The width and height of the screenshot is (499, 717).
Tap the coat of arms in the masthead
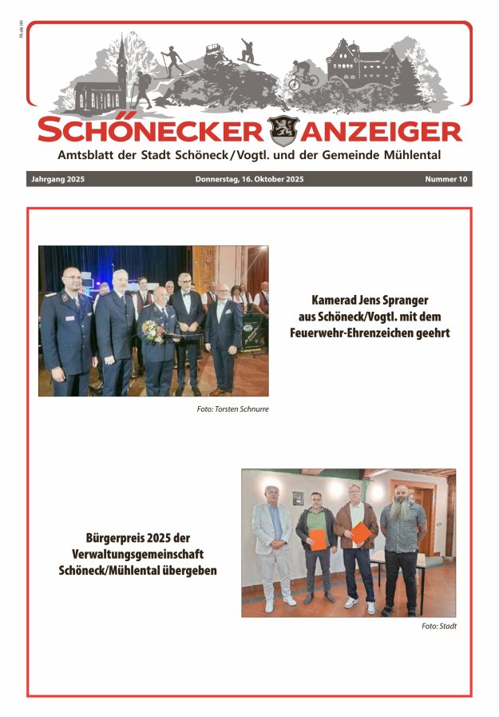(283, 129)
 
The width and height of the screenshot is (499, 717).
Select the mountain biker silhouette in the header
(303, 75)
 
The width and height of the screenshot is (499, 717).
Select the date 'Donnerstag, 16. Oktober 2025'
(249, 180)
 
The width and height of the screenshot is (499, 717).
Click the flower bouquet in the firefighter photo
(152, 331)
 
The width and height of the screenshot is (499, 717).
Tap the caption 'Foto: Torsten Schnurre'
(232, 409)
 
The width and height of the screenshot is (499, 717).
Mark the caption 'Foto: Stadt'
(439, 626)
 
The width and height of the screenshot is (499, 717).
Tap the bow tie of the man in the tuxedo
(185, 293)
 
